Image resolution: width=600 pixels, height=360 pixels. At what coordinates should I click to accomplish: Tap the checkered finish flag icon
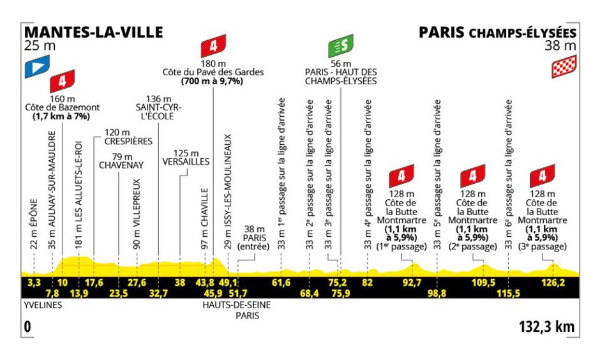coord(564,66)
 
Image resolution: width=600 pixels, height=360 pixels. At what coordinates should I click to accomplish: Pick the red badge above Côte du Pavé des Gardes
coord(213,47)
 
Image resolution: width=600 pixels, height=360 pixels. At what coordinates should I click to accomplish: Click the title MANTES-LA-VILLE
coord(93,32)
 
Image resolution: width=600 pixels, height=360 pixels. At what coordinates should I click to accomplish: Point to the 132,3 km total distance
coord(547,327)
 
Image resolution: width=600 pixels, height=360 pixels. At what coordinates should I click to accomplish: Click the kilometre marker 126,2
coord(553,281)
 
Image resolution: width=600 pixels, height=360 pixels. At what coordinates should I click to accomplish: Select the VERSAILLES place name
coord(186,162)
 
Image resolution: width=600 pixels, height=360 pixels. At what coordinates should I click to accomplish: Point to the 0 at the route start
coord(26,327)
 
